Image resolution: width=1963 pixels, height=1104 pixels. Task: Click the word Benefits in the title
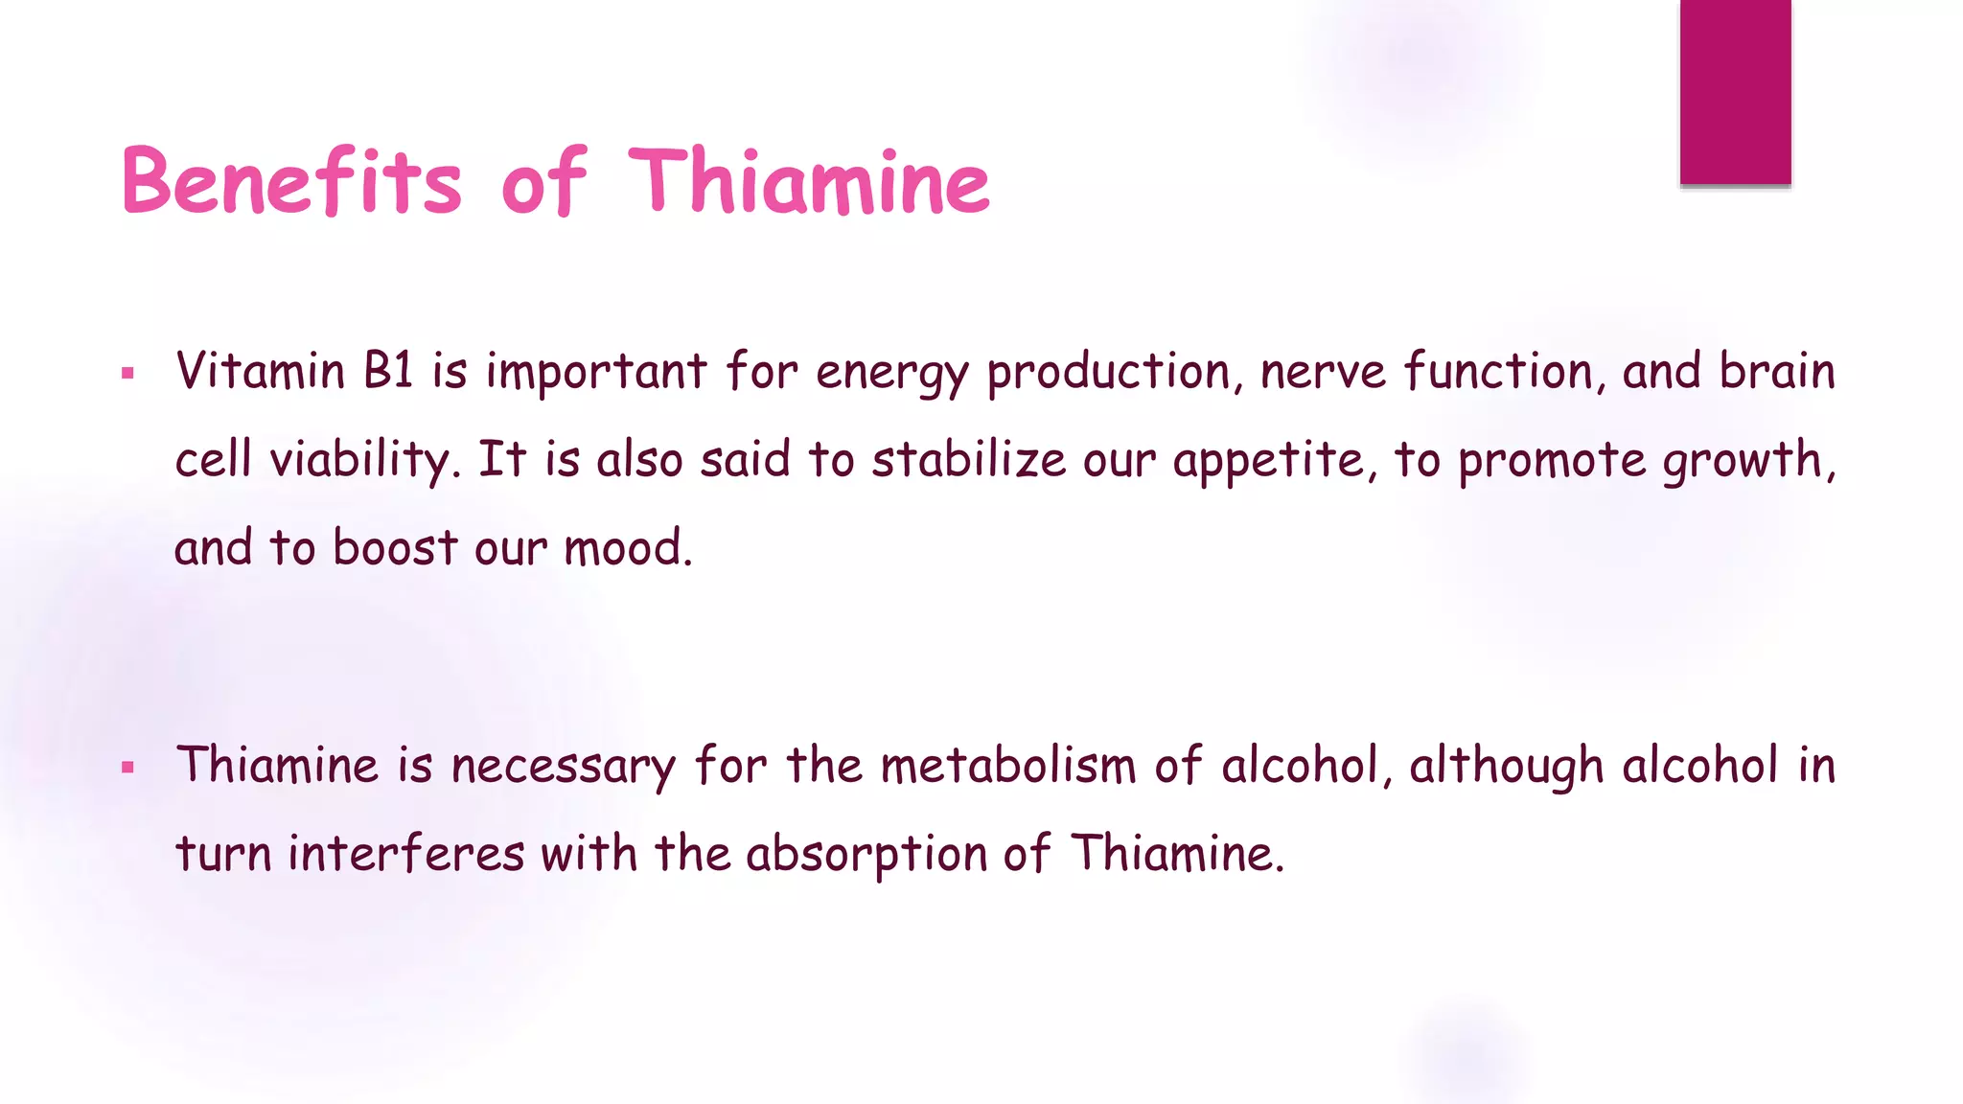tap(291, 182)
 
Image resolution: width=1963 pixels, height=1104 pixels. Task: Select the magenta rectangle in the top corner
tap(1735, 91)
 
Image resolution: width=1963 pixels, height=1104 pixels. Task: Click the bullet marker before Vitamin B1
tap(128, 374)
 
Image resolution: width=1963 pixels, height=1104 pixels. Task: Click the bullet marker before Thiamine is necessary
tap(128, 768)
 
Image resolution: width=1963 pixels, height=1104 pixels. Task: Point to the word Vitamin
tap(260, 371)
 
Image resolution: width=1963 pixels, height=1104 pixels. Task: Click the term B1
tap(388, 371)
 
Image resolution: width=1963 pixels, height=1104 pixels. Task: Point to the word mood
tap(627, 549)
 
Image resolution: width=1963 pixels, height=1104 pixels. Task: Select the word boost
tap(395, 547)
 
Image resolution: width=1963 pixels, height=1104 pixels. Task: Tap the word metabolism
tap(1007, 766)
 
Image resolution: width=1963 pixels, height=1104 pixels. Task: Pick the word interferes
tap(406, 853)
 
